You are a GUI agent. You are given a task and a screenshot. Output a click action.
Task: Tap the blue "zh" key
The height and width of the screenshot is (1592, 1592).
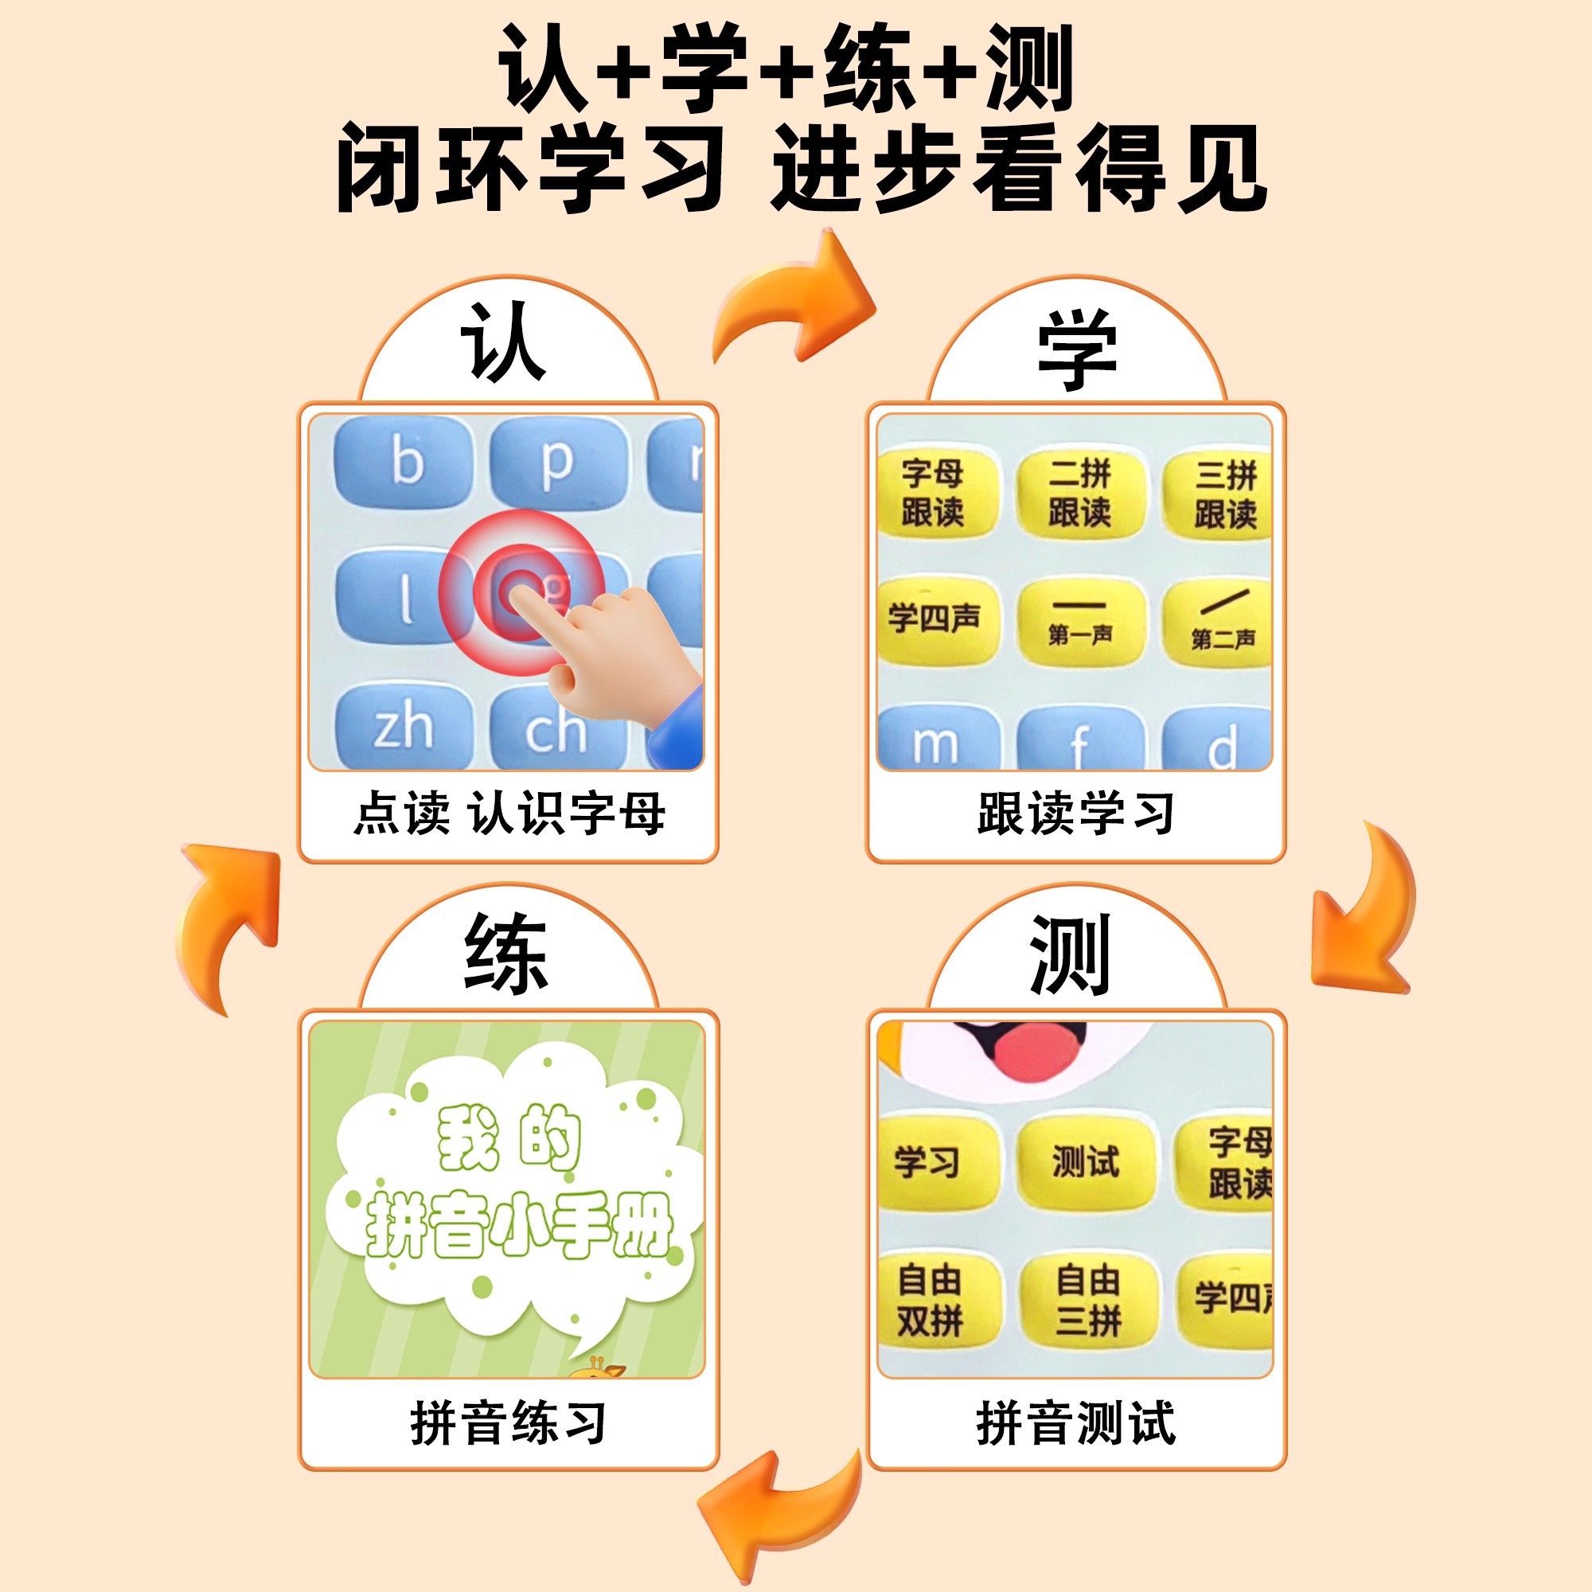tap(404, 728)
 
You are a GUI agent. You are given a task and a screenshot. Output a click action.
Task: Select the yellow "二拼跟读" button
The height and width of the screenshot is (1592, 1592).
tap(1079, 492)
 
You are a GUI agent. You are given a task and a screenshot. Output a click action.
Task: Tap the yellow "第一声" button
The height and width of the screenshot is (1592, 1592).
tap(1079, 622)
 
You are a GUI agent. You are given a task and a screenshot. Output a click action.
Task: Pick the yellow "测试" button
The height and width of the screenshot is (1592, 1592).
tap(1084, 1162)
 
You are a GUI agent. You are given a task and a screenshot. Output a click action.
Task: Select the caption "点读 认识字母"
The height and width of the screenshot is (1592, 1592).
tap(508, 814)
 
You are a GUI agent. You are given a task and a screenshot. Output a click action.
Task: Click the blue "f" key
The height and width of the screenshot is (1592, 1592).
tap(1079, 742)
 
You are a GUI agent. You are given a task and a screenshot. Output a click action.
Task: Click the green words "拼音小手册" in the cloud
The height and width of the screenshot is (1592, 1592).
tap(519, 1226)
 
